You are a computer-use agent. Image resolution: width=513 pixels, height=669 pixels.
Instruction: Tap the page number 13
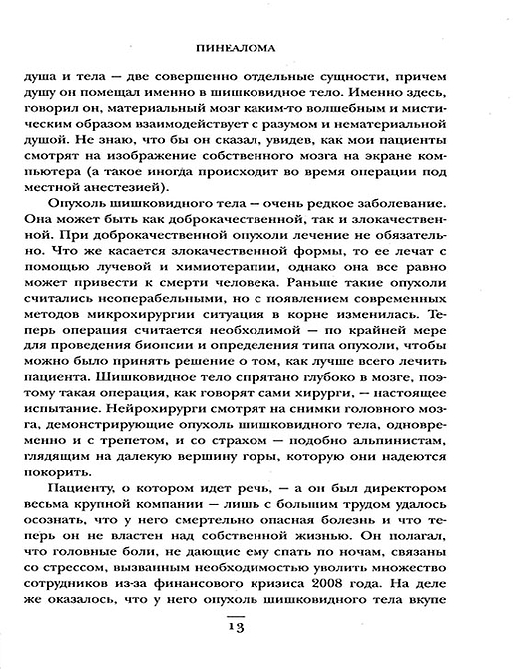(258, 626)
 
